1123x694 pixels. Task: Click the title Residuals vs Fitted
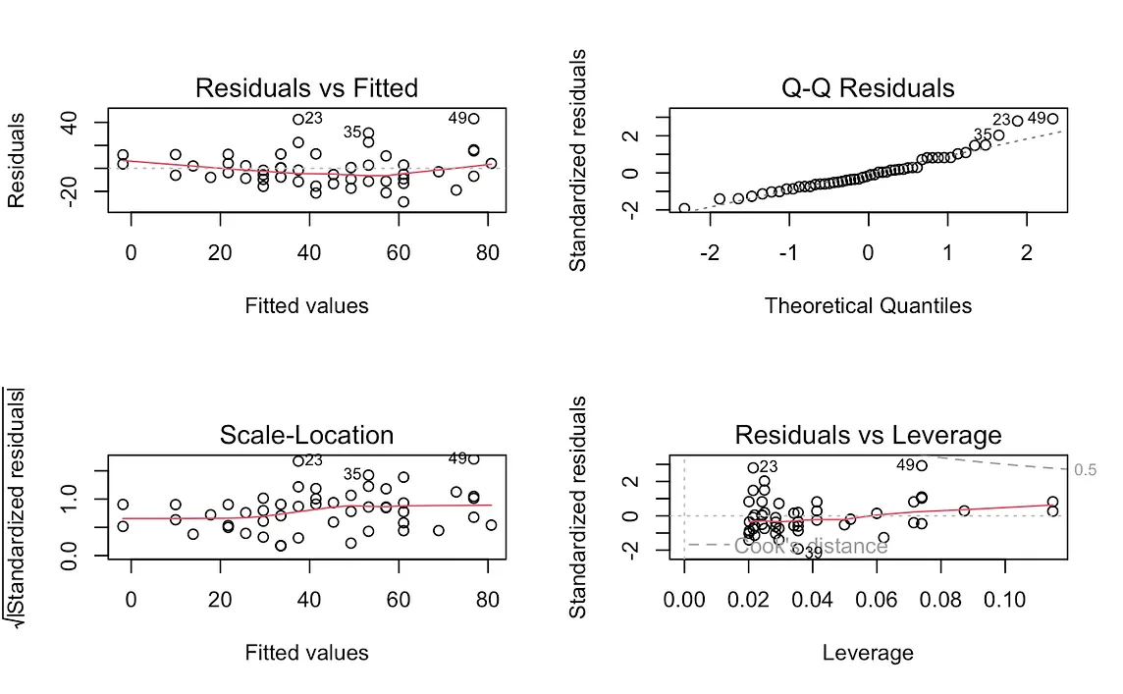pos(306,87)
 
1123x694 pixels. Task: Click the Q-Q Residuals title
pos(868,87)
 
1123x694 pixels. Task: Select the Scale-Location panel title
pos(306,435)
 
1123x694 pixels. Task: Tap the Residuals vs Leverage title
pos(868,435)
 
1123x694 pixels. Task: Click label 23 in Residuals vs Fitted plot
pos(313,118)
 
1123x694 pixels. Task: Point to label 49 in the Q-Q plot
pos(1037,118)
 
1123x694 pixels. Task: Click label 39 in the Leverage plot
pos(813,553)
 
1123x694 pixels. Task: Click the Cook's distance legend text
pos(811,546)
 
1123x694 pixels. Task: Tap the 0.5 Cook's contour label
pos(1085,470)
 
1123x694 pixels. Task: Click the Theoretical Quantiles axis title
pos(868,306)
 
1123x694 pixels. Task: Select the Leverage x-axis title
pos(868,653)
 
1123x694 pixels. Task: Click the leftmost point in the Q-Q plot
pos(684,208)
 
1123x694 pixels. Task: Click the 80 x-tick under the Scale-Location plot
pos(487,599)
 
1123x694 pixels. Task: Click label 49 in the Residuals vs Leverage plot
pos(905,465)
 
